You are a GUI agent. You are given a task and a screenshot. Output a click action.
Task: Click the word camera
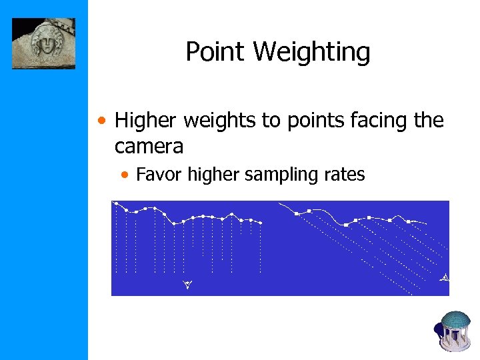149,145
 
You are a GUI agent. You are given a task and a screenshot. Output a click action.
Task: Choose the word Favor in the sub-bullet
159,175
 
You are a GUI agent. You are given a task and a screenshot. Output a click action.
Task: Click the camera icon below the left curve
187,285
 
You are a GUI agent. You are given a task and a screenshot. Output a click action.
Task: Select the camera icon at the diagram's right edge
445,277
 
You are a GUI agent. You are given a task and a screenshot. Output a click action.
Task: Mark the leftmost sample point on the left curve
115,203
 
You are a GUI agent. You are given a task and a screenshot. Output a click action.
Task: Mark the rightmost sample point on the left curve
260,223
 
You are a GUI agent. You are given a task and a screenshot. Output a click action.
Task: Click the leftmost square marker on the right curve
297,214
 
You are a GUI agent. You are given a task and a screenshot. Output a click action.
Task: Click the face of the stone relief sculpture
46,45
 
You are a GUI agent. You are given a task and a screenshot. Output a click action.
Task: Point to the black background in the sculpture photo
20,27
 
